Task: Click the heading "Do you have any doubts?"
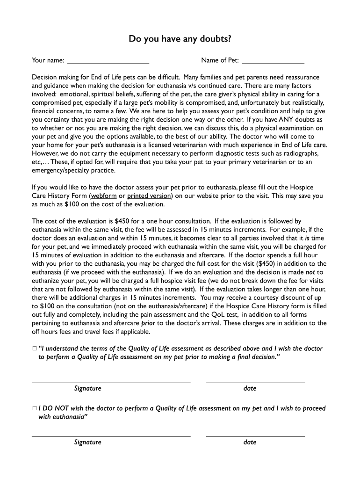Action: tap(180, 39)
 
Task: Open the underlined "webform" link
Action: tap(103, 196)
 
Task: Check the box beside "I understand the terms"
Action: tap(35, 348)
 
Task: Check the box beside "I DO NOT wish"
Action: tap(35, 408)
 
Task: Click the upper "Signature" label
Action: tap(87, 388)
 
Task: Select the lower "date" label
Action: tap(250, 442)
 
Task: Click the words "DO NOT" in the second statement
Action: tap(55, 408)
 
